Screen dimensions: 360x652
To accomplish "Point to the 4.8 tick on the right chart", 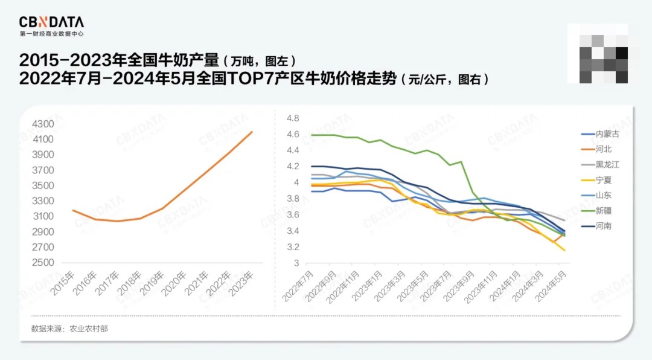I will click(x=293, y=118).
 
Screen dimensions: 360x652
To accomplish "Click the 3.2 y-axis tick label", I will click(x=293, y=247).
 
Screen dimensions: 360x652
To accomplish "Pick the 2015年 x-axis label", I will click(x=63, y=283).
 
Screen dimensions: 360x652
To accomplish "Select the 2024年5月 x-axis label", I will click(x=555, y=287).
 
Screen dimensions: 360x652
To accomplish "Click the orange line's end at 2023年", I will click(x=252, y=132).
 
